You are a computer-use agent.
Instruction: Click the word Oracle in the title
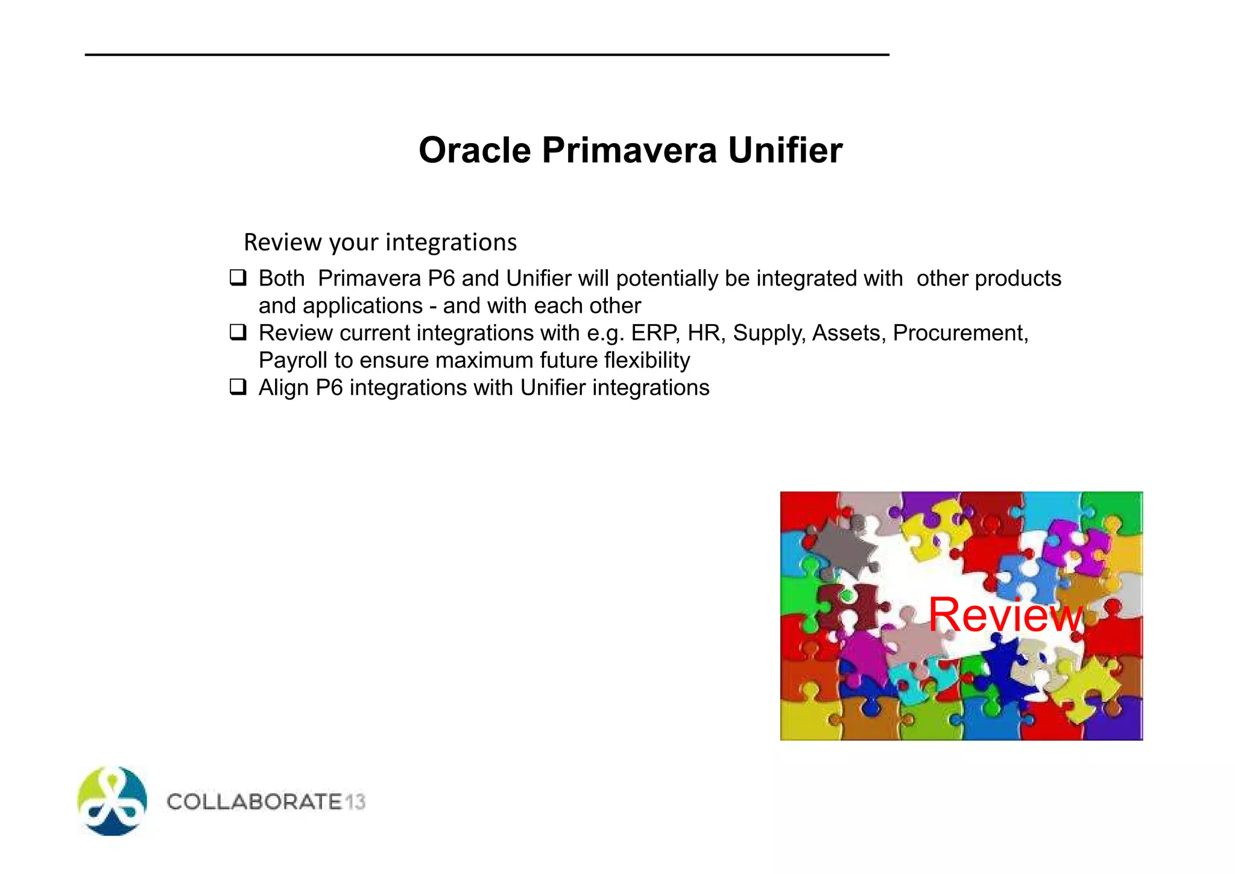475,150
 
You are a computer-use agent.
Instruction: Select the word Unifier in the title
785,150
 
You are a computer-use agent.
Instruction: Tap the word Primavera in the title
629,150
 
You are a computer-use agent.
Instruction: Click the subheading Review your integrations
380,242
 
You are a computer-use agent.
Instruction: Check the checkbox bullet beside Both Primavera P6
238,278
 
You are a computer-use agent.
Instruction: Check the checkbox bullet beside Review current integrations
238,333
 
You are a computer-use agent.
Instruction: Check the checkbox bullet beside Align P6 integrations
238,387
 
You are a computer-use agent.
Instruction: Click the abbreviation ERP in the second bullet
654,333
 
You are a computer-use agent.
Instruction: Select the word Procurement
959,333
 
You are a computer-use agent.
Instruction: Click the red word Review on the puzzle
1005,614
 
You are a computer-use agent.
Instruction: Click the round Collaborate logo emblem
112,801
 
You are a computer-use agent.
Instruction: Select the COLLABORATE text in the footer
254,802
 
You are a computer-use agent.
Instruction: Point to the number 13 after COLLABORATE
355,802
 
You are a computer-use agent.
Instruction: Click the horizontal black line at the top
487,55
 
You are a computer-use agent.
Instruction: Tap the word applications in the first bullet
362,306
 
